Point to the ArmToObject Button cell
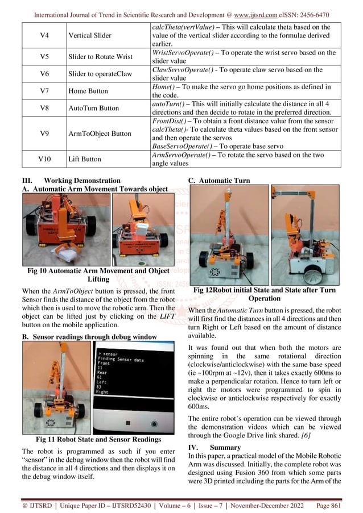click(x=100, y=134)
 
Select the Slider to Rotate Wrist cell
click(x=104, y=57)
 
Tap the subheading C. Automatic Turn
click(x=218, y=181)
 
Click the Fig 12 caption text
click(x=265, y=294)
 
